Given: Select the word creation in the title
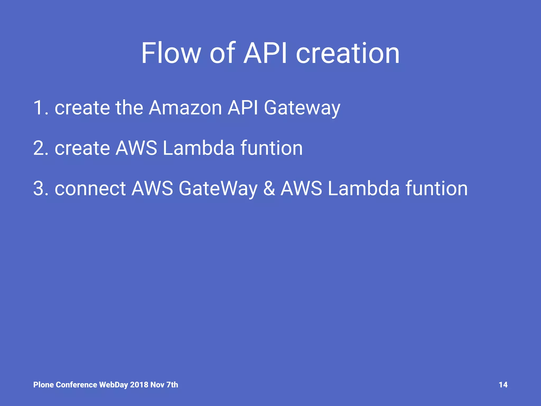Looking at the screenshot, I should [348, 54].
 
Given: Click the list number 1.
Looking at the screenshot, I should [39, 108].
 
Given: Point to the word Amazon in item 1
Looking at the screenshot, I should [185, 108].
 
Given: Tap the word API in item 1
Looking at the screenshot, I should [243, 108].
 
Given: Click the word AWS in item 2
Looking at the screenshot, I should [136, 148].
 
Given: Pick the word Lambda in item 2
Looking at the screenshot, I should [198, 148].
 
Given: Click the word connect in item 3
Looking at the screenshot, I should [90, 188].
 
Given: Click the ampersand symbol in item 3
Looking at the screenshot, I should [269, 188].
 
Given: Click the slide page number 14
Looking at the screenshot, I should [503, 385].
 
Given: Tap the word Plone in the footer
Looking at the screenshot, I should [43, 385].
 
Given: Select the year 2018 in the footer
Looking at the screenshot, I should [139, 385].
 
